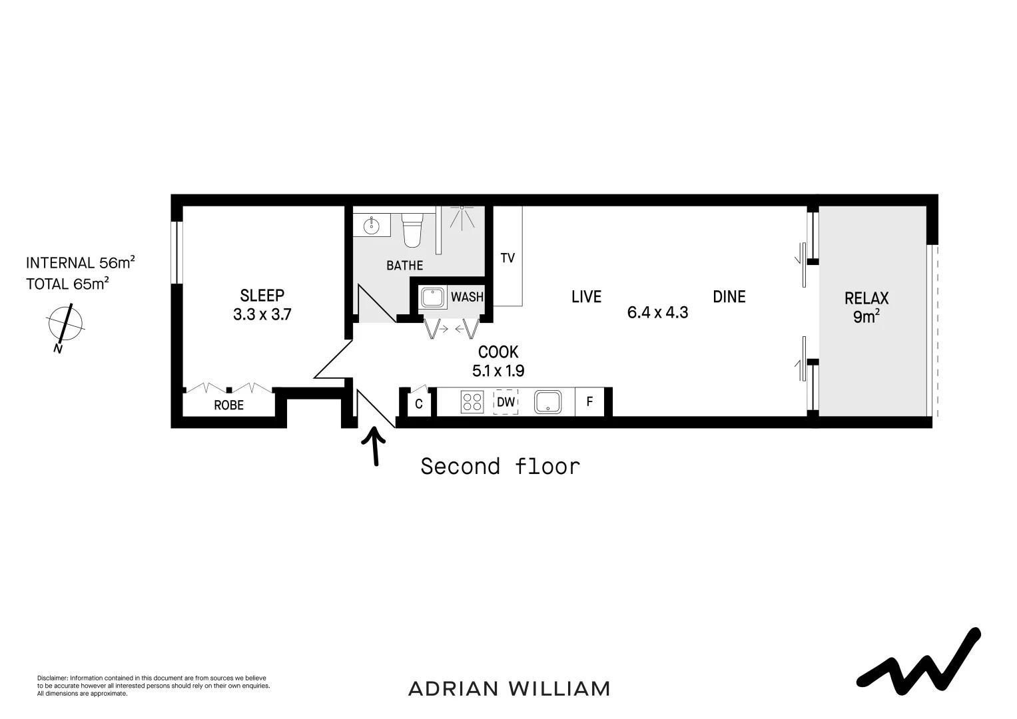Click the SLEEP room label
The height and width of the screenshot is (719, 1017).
click(262, 295)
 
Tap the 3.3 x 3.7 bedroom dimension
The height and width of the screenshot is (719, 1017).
click(262, 314)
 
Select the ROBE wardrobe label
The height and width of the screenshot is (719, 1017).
click(228, 405)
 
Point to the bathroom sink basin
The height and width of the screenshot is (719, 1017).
click(370, 226)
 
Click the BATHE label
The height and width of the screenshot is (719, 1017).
click(404, 266)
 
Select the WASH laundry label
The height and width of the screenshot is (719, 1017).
click(467, 297)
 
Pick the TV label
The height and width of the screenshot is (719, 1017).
click(508, 258)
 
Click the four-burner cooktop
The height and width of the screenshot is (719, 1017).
click(472, 402)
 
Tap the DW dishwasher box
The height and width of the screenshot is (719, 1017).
click(506, 402)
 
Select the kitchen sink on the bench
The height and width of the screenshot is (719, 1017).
click(547, 402)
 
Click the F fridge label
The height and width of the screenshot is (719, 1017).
click(589, 402)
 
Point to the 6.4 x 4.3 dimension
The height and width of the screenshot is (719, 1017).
click(657, 312)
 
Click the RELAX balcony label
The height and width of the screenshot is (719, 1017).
click(866, 298)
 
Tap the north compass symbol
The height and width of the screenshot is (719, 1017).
click(65, 324)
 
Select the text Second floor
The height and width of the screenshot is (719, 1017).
click(500, 466)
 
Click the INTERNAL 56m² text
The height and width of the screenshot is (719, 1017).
click(80, 262)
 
